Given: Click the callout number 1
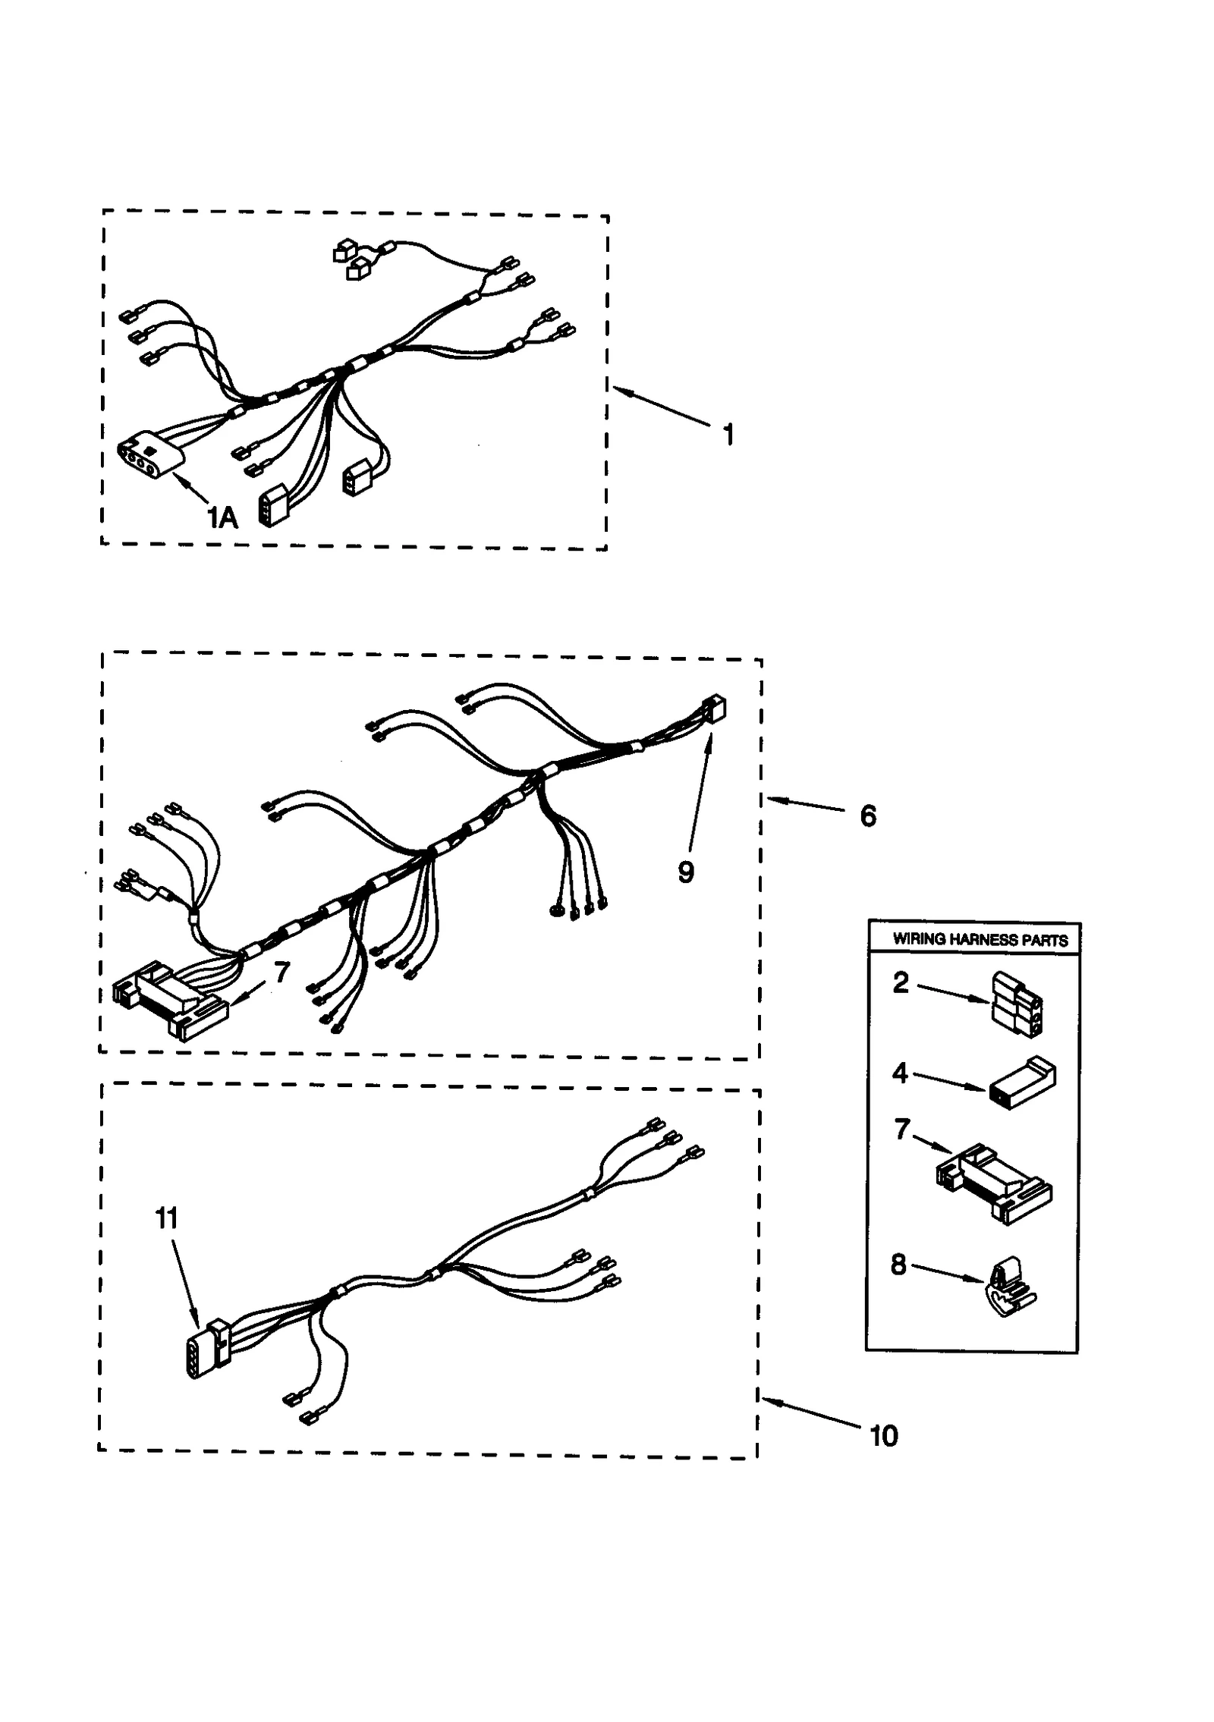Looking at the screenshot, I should (x=728, y=435).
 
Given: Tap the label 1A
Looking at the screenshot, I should (x=222, y=517).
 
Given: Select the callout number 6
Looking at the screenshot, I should (x=868, y=815).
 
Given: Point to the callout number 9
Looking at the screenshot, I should (x=685, y=872).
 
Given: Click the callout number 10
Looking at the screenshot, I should (x=883, y=1436).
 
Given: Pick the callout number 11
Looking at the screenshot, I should (x=166, y=1219).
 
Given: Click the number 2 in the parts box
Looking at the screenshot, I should (x=901, y=982).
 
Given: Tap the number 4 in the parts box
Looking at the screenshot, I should (x=900, y=1073).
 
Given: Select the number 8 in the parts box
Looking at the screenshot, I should (x=898, y=1265).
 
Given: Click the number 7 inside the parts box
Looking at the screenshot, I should (x=901, y=1151).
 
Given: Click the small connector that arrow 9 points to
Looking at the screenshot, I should (x=714, y=709).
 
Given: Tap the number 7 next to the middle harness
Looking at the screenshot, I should (x=281, y=972).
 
